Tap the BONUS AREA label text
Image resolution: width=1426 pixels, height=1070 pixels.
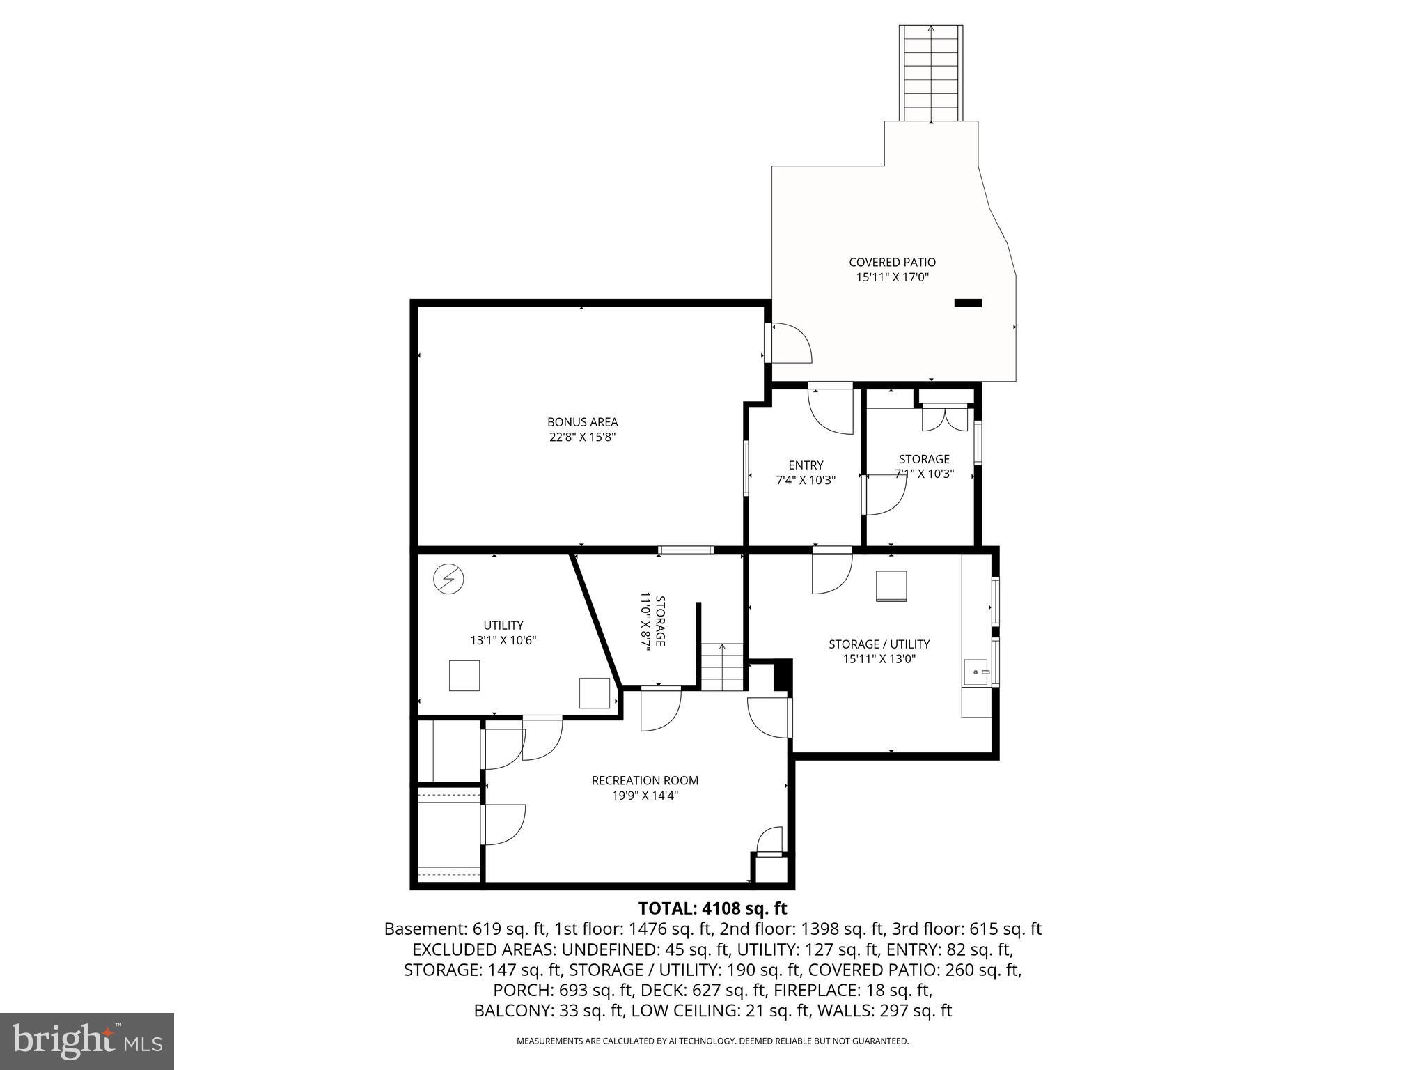point(582,421)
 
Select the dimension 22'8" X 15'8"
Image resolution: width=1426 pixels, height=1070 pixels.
point(582,437)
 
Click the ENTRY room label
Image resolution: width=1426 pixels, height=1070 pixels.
point(806,465)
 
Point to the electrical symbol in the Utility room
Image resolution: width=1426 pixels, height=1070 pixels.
point(448,579)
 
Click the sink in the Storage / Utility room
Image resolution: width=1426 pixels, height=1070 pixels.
point(976,672)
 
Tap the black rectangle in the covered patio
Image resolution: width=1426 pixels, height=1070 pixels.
point(967,302)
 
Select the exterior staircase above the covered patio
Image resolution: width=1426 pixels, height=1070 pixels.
point(931,72)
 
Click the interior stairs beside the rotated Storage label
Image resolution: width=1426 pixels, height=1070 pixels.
point(722,667)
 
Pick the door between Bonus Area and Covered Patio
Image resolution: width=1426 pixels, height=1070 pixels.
point(789,343)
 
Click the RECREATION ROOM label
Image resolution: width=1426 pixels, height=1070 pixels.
point(645,780)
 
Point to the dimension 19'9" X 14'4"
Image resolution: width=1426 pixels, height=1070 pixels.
point(645,796)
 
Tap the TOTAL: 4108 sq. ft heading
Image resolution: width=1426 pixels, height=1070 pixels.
point(712,908)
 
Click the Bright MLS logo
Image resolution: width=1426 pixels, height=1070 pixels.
point(87,1041)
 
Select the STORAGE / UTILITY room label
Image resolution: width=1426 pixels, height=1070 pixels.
point(879,644)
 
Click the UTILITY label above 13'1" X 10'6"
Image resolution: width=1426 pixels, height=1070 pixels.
point(503,625)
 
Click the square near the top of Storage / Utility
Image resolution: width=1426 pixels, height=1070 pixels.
point(891,586)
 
